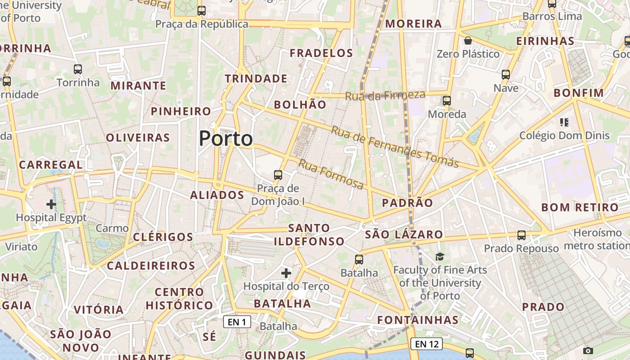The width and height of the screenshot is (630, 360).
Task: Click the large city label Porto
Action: coord(226,139)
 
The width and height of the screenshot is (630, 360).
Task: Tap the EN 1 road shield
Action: coord(237,322)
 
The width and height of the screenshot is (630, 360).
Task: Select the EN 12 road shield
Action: coord(426,344)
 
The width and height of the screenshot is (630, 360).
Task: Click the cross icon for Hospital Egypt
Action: coord(51,204)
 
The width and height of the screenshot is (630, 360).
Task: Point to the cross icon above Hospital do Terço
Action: coord(286,273)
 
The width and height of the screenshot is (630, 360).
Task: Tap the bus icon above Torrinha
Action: coord(78,69)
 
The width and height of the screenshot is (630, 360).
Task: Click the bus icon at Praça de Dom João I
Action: coord(278,175)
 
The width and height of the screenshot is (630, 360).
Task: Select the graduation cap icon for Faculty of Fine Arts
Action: coord(440,256)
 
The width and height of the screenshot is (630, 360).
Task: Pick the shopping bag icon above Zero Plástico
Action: coord(468,41)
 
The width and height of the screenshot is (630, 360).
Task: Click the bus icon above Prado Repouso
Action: coord(522,235)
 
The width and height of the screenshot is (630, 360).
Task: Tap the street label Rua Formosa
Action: coord(331,174)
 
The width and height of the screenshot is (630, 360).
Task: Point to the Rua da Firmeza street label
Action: coord(385,95)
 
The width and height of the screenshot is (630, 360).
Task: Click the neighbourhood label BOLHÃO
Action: coord(300,105)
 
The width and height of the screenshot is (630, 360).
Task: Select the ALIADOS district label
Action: coord(217,195)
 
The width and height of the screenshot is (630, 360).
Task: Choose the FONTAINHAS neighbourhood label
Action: coord(418,320)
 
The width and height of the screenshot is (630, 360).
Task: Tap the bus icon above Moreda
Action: coord(447,101)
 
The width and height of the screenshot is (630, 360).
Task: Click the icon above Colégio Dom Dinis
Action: coord(564,122)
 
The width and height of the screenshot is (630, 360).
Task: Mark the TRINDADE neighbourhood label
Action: coord(256,79)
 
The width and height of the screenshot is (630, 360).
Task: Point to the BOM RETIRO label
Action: coord(580,207)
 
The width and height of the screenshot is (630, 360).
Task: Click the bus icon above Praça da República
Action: coord(202,11)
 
